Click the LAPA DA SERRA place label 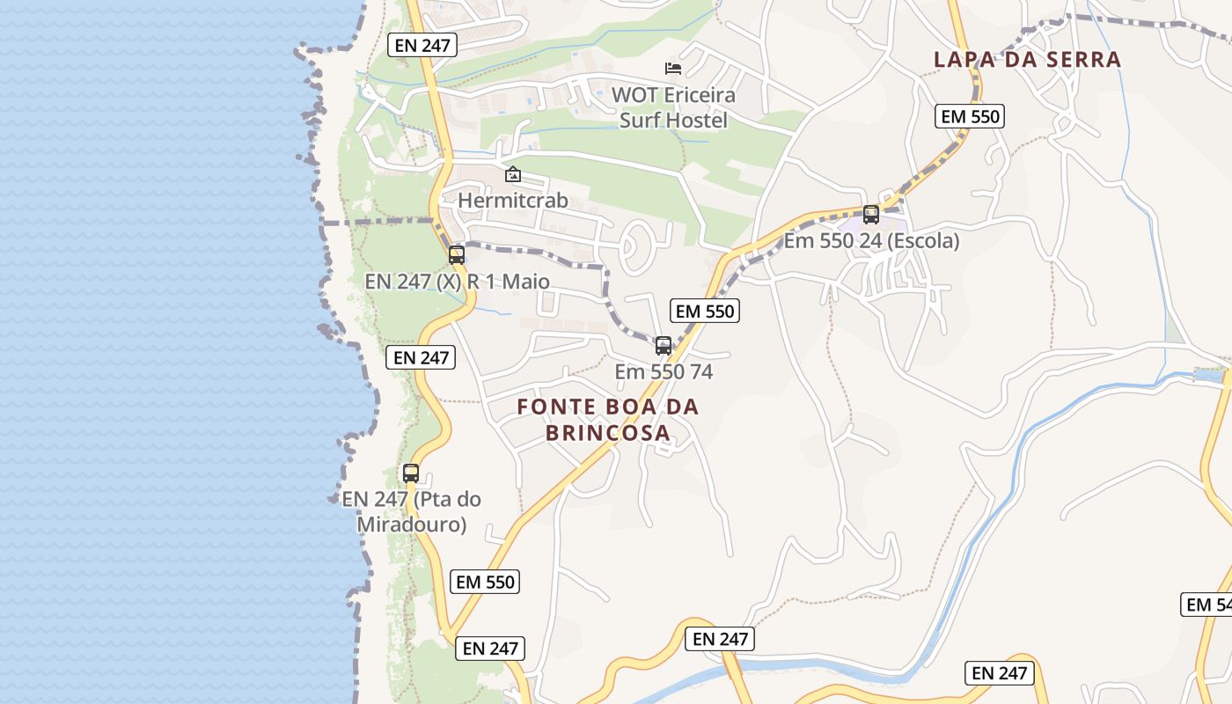1027,60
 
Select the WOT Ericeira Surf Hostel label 673,106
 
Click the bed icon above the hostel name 673,68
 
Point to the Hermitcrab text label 512,201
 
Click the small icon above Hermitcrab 513,174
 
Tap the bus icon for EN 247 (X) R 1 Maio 457,255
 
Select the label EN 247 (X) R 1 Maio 457,282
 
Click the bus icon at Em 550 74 664,346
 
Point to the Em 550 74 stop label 664,371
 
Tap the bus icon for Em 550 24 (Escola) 871,214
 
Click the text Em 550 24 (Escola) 871,240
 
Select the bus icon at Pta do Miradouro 411,473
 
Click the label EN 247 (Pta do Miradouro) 411,511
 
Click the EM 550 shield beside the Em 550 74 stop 704,311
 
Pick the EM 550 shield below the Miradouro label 485,582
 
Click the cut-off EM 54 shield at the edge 1206,605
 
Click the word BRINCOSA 607,433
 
